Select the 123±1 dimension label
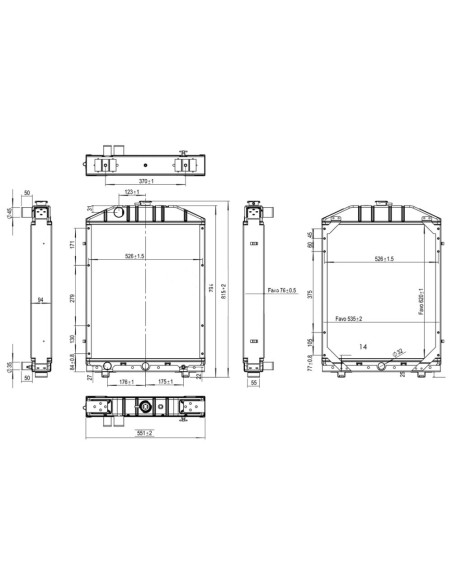(131, 191)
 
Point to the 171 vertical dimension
(73, 244)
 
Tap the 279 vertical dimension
(73, 297)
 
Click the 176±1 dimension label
(125, 380)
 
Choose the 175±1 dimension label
(166, 380)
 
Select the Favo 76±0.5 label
(281, 290)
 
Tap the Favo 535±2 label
(349, 318)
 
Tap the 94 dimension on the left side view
(40, 299)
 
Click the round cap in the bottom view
(146, 407)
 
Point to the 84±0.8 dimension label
(73, 365)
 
